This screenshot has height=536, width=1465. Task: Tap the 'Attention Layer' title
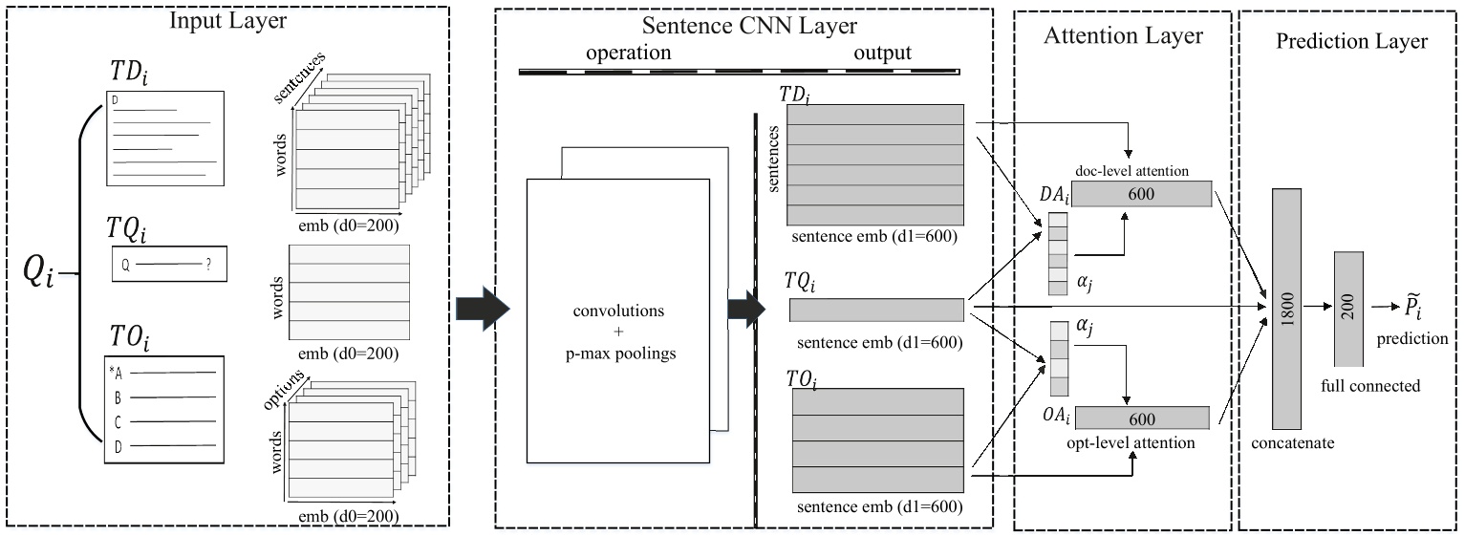[1123, 36]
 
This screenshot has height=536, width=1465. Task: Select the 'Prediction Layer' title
[1351, 41]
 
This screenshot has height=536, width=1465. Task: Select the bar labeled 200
[1347, 309]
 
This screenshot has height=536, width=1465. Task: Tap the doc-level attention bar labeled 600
[1147, 194]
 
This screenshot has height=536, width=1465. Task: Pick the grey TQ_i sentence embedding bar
[876, 310]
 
